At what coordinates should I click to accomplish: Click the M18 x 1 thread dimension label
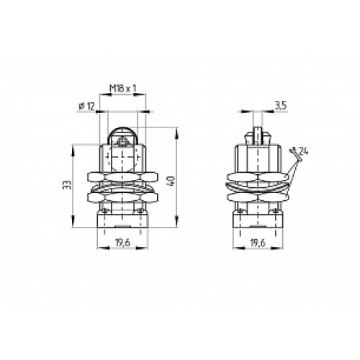[x=123, y=89]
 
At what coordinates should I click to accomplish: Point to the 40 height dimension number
[x=170, y=183]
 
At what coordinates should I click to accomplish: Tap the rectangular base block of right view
[x=257, y=222]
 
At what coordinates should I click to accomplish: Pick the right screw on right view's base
[x=273, y=210]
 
